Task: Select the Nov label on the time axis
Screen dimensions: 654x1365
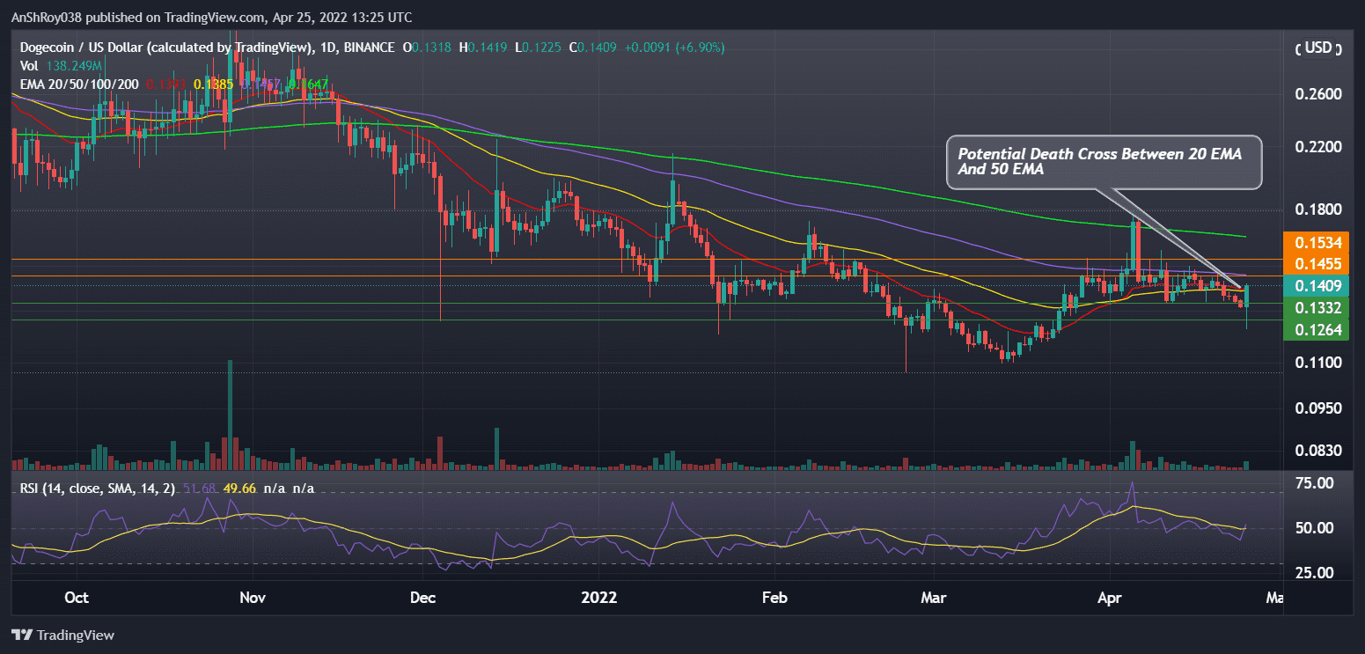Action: click(253, 598)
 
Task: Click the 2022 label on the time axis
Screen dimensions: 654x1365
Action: click(598, 598)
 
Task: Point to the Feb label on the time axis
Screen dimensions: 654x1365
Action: click(774, 598)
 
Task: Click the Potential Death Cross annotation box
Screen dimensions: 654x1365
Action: click(1104, 162)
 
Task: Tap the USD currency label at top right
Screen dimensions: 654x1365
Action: click(1317, 48)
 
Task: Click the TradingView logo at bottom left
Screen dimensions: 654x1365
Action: click(62, 635)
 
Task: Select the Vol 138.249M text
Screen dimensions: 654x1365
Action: click(60, 65)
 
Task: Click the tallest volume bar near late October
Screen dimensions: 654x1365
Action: click(231, 414)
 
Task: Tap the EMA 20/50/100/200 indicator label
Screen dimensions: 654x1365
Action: click(79, 83)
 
